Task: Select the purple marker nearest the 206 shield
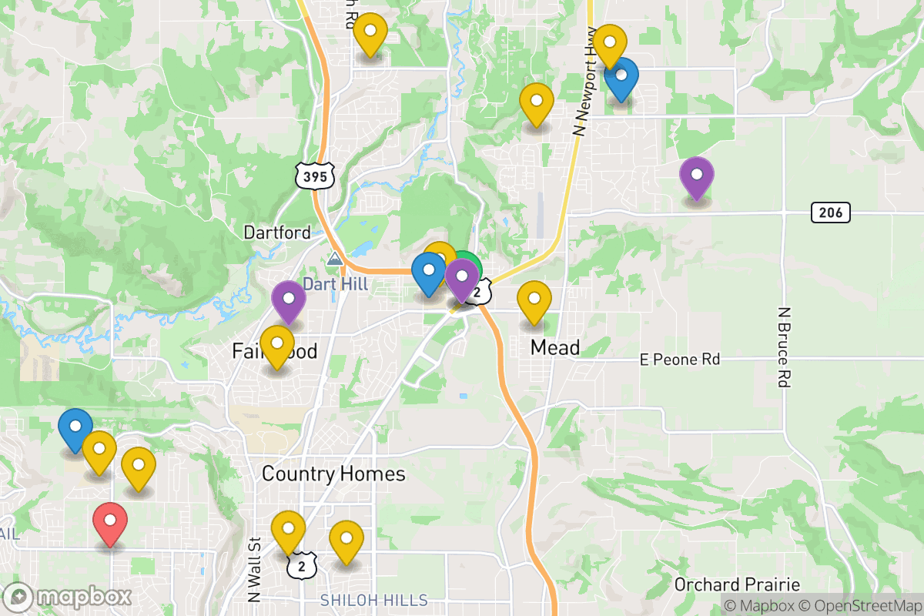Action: click(697, 177)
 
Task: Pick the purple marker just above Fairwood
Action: click(289, 301)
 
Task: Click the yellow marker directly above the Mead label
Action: click(534, 302)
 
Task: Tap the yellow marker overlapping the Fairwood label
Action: click(276, 346)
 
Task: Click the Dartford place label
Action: click(277, 232)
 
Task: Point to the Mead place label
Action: click(555, 348)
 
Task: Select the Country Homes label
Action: click(333, 473)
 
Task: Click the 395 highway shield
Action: click(315, 176)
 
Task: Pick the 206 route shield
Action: click(830, 213)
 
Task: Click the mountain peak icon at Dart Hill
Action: click(335, 259)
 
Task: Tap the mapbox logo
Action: click(68, 597)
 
